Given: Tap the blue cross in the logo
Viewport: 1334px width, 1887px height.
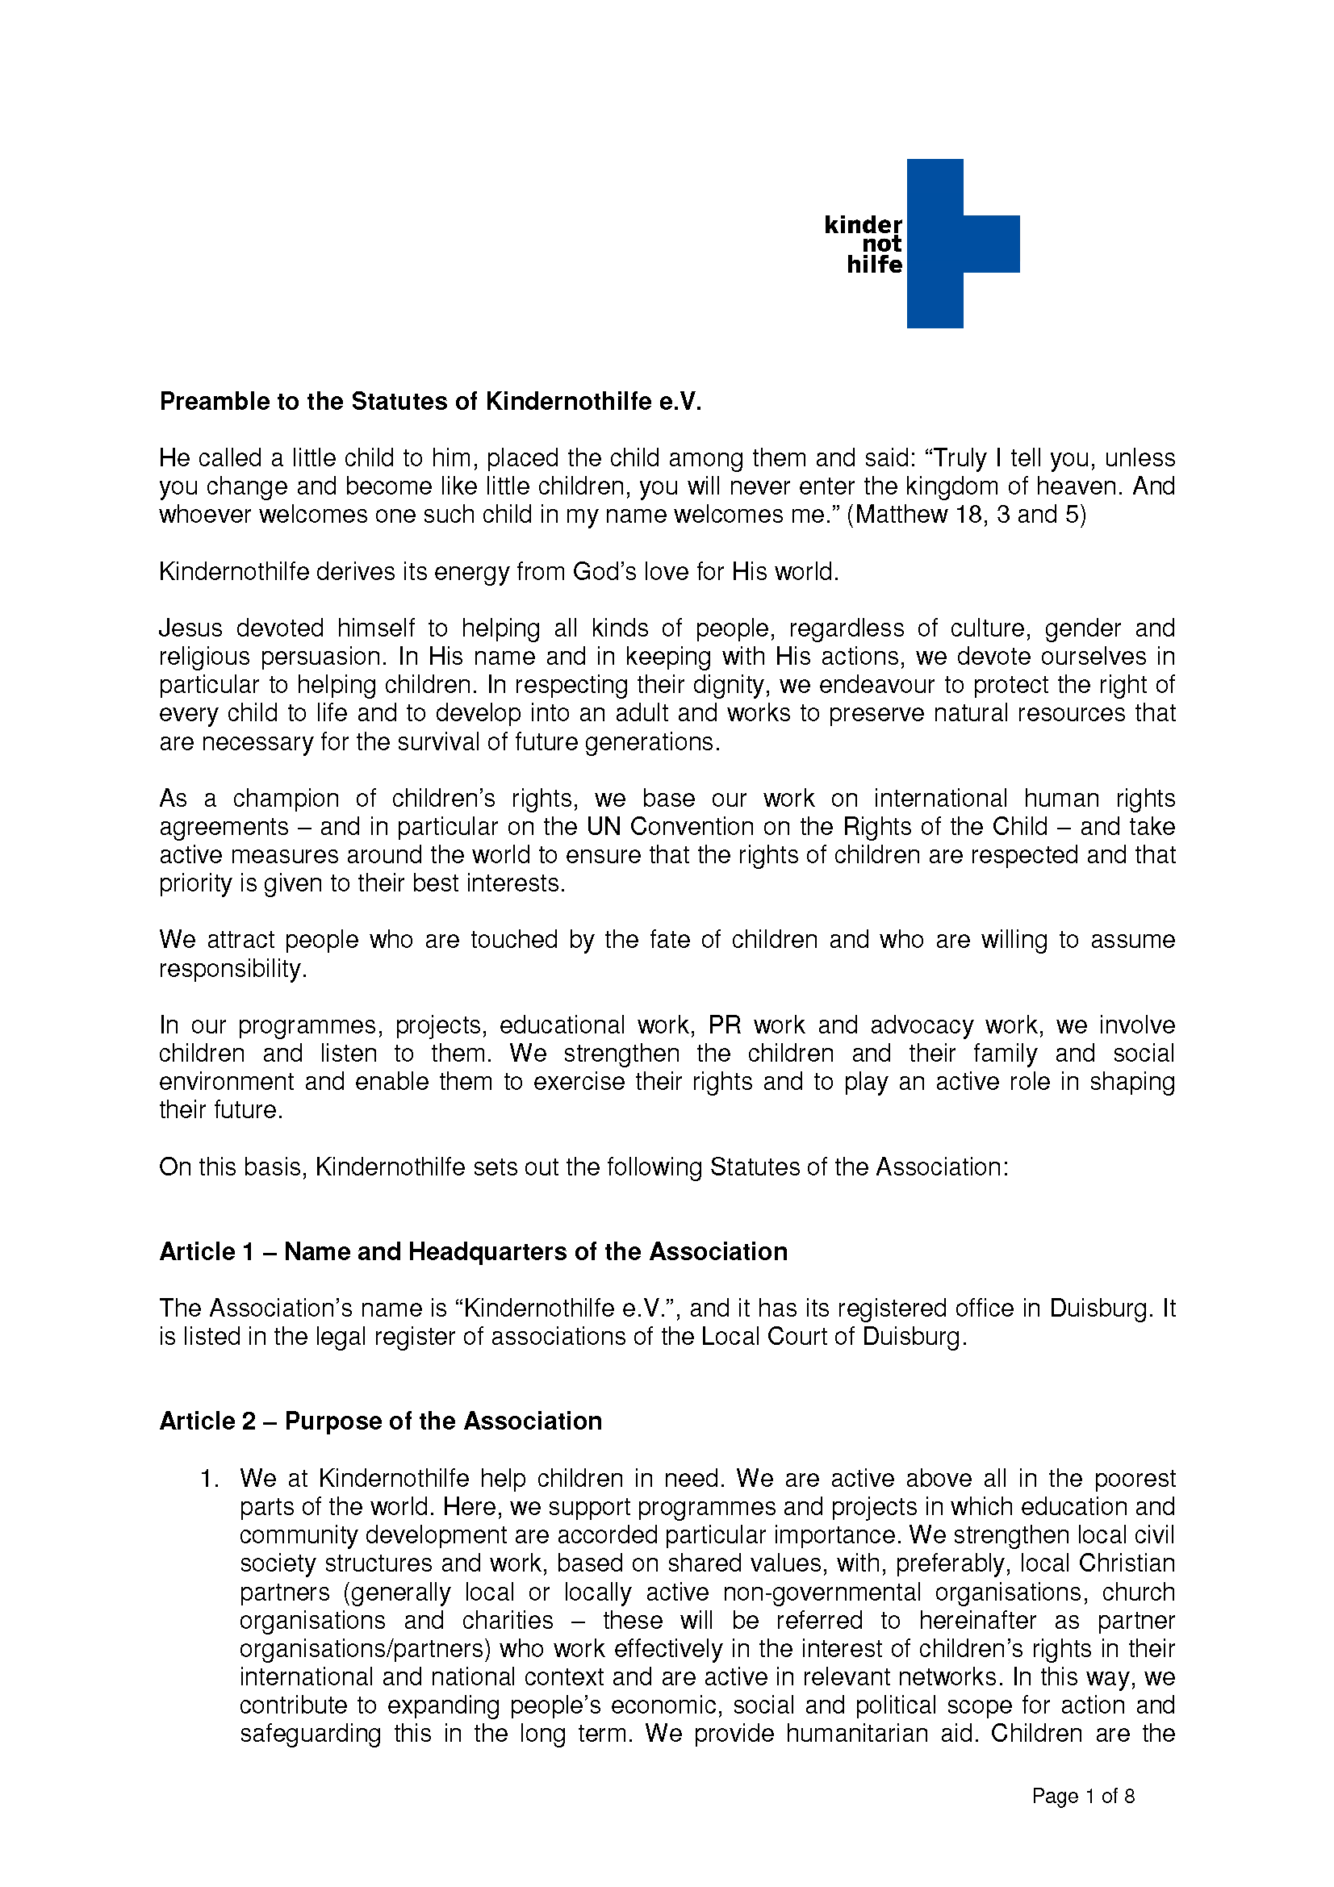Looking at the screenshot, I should (x=935, y=244).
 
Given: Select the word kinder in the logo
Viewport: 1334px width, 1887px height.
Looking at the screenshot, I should (x=862, y=225).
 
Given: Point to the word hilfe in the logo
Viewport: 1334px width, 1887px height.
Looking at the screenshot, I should (x=874, y=265).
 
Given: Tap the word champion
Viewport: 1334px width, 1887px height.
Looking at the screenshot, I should (x=286, y=798).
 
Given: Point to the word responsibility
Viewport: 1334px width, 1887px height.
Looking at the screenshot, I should (x=232, y=968).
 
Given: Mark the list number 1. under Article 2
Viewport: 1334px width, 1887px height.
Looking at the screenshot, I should (x=210, y=1479).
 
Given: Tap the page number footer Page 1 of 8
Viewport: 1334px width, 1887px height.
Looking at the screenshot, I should (x=1082, y=1796).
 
